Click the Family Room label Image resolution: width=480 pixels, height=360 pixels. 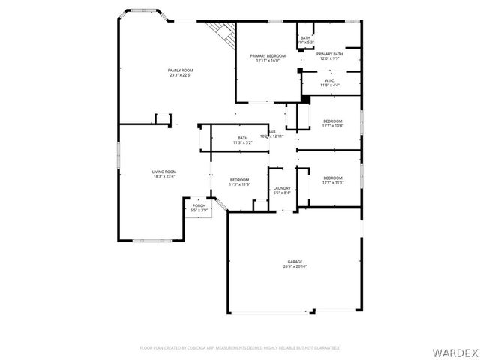tap(180, 70)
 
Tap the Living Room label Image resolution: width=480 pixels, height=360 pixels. tap(164, 172)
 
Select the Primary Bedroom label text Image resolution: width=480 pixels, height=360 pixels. tap(268, 57)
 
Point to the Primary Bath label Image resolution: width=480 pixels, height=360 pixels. tap(329, 54)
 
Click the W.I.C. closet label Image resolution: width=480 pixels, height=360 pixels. tap(330, 80)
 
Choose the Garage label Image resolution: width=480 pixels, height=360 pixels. tap(295, 262)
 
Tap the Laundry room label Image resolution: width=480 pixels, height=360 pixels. tap(282, 188)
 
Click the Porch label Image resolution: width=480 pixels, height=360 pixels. tap(199, 205)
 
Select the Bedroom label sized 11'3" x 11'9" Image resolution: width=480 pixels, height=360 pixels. tap(239, 179)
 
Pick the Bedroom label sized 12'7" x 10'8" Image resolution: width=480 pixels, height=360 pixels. tap(333, 121)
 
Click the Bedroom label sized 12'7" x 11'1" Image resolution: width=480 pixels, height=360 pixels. tap(333, 178)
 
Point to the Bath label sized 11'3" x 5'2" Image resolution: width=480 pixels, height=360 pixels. tap(243, 138)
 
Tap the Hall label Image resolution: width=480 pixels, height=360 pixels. tap(271, 132)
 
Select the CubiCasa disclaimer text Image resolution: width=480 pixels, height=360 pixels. tap(240, 347)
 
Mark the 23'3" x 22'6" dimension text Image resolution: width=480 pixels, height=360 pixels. tap(180, 75)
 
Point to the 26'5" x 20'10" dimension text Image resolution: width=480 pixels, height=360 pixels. tap(295, 266)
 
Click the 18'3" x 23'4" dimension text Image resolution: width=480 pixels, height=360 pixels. tap(164, 176)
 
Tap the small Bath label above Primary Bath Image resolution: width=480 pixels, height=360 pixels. tap(305, 38)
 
